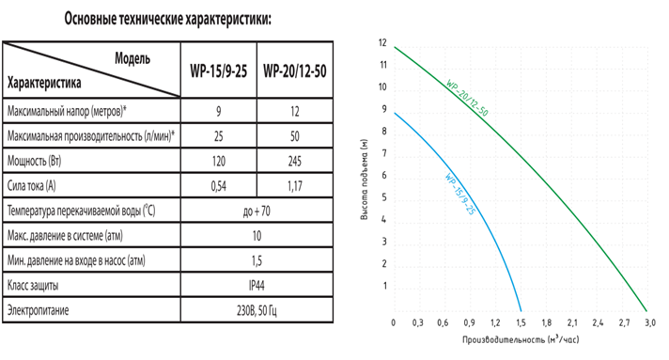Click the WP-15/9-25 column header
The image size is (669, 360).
[218, 70]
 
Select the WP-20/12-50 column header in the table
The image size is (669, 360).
[295, 70]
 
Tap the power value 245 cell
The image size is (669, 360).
[295, 161]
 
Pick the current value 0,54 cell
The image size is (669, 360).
[218, 186]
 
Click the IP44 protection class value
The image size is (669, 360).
[257, 285]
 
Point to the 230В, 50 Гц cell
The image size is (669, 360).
[257, 310]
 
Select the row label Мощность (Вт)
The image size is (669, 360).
[34, 161]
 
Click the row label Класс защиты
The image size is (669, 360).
[33, 285]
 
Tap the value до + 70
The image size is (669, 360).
[257, 211]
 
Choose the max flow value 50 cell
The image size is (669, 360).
[295, 136]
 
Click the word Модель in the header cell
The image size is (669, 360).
[132, 58]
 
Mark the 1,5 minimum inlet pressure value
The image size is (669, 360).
[257, 260]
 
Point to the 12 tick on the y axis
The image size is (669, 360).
[382, 42]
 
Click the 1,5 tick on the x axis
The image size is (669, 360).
[521, 323]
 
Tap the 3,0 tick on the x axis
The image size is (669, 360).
[650, 323]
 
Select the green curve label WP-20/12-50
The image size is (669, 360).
[467, 98]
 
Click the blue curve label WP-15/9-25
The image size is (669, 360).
[459, 194]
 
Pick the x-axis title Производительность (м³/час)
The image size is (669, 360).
[521, 340]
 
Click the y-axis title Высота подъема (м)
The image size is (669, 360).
[364, 180]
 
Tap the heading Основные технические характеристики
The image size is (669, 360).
[167, 19]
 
